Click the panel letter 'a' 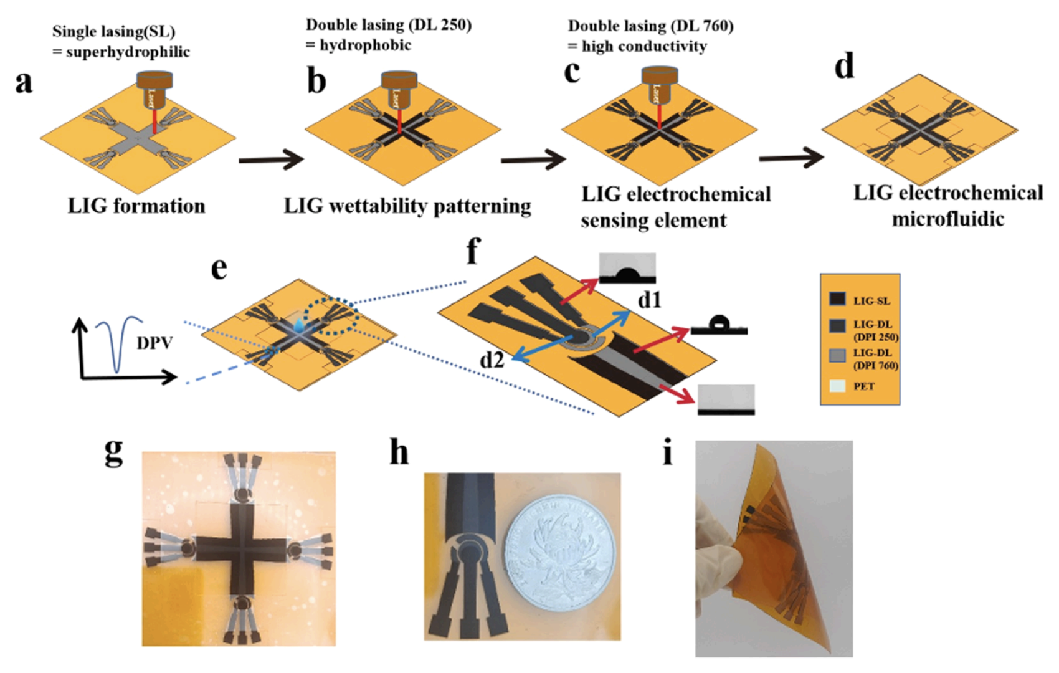(x=23, y=82)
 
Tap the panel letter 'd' (x=844, y=66)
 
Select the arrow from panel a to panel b (x=270, y=160)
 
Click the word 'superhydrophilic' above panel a (x=128, y=52)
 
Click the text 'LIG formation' (x=136, y=206)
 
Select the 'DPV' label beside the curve (x=154, y=342)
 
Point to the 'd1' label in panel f (x=649, y=301)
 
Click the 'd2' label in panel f (x=492, y=360)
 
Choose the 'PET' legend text (x=864, y=386)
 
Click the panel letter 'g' (x=113, y=453)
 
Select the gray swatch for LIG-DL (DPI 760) (x=837, y=356)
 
